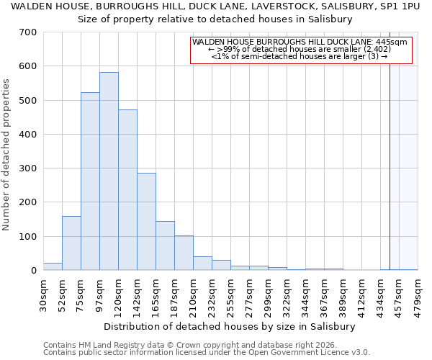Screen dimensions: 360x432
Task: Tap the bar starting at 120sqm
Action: point(127,190)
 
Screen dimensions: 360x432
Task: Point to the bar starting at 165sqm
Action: point(165,246)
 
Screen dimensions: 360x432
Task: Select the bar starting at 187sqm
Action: point(184,253)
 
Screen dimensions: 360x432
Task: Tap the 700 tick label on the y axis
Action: point(28,32)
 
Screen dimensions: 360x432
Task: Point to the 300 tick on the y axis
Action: point(28,168)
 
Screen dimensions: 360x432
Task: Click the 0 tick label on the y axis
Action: point(34,271)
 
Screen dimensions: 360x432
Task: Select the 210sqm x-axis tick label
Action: point(193,295)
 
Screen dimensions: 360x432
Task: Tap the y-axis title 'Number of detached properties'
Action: point(6,155)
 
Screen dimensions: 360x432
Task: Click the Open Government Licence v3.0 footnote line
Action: point(207,353)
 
